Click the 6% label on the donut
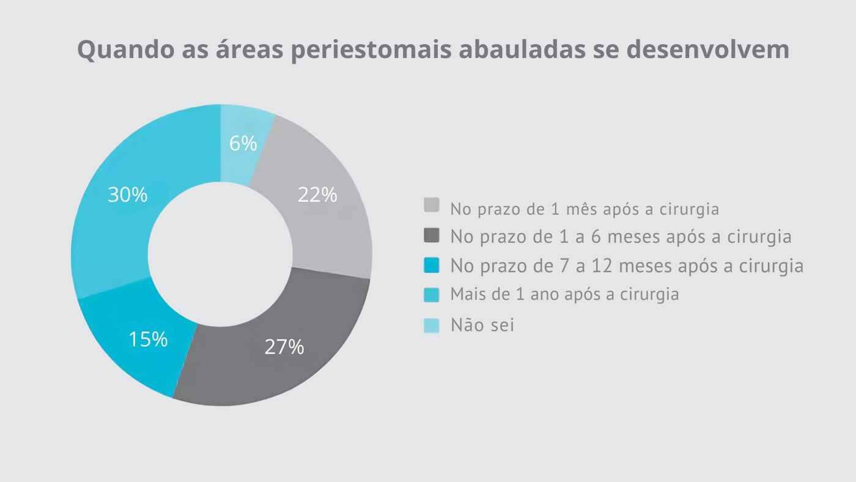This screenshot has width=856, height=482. click(243, 143)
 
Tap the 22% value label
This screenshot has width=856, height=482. click(317, 195)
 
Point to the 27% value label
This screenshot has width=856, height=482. click(284, 347)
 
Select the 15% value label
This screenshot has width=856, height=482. click(148, 339)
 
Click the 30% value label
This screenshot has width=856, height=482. click(127, 195)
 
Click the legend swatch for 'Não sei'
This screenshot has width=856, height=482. click(431, 325)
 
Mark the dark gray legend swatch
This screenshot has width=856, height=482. click(431, 235)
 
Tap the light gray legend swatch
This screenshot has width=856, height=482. click(431, 206)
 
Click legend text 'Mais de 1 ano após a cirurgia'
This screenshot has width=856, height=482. click(564, 294)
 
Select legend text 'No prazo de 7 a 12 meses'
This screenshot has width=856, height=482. click(627, 265)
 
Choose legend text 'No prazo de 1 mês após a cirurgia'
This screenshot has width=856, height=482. click(585, 209)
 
